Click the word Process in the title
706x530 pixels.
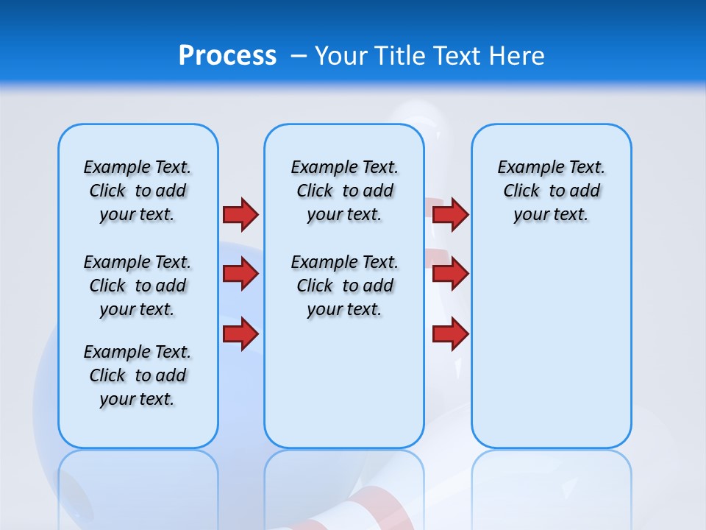pos(227,56)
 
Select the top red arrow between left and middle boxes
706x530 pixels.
pos(240,214)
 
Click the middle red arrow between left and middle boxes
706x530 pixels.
pos(240,274)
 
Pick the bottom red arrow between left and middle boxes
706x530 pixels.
pos(240,333)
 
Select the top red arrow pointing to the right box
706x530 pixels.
pos(450,214)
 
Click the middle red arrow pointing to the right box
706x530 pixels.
pos(450,274)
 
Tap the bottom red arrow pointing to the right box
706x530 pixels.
pos(450,333)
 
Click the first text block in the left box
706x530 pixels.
pos(138,191)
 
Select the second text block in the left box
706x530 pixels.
pos(138,286)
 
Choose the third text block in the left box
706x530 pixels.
pos(138,375)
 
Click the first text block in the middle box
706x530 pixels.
pos(344,191)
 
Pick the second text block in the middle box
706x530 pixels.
pos(344,286)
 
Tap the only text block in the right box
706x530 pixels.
pos(551,191)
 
